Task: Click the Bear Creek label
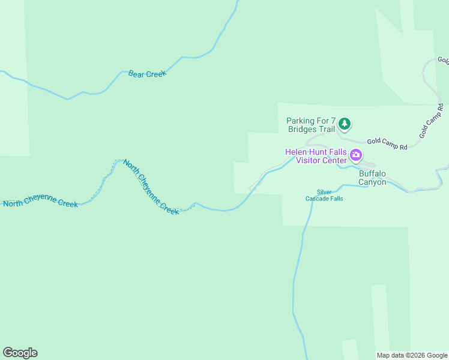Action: coord(146,74)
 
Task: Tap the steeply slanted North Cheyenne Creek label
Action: coord(151,187)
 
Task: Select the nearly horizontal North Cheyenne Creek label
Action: coord(40,203)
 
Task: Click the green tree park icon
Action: coord(344,124)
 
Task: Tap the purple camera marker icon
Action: coord(356,156)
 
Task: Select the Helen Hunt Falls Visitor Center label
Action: coord(316,156)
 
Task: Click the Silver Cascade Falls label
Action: coord(324,195)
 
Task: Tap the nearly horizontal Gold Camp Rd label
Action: coord(387,143)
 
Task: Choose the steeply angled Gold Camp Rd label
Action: coord(432,121)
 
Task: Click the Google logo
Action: coord(20,353)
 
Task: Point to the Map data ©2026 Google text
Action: coord(412,355)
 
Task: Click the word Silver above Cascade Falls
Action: coord(324,191)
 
